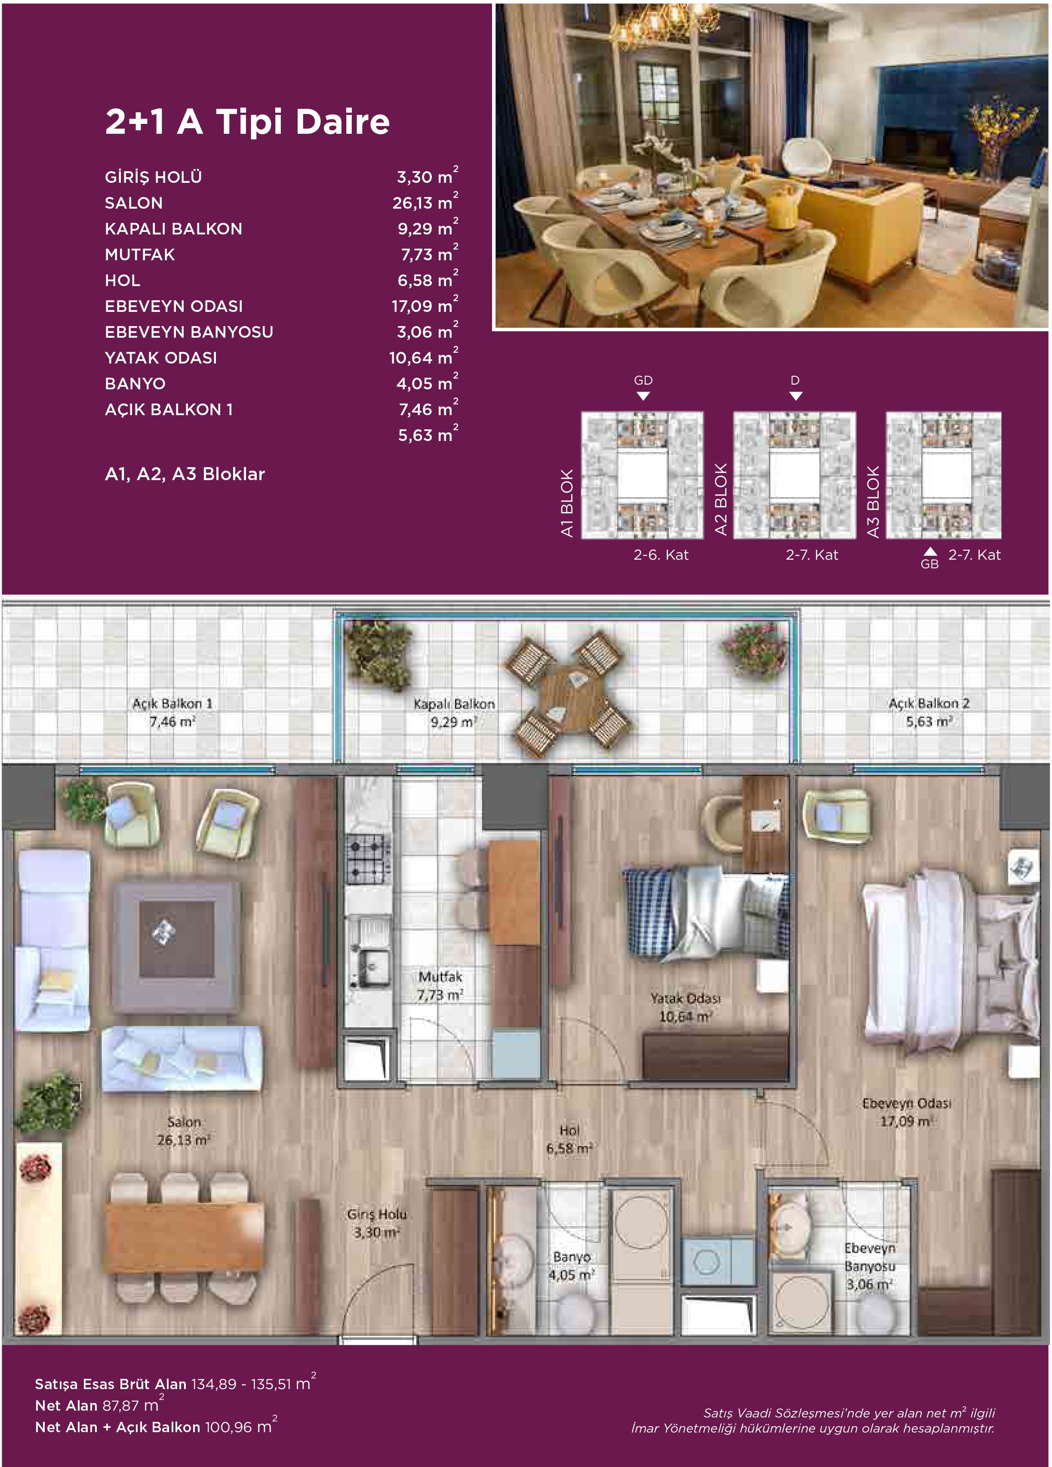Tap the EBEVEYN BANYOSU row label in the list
click(x=189, y=332)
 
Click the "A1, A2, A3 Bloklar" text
click(x=185, y=474)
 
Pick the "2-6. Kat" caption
click(x=661, y=555)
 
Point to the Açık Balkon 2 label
click(x=929, y=712)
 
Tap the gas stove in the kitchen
click(x=367, y=859)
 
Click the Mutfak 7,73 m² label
click(x=440, y=985)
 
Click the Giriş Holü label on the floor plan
click(x=377, y=1223)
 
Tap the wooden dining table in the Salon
click(x=184, y=1237)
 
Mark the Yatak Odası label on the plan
click(x=686, y=1007)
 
